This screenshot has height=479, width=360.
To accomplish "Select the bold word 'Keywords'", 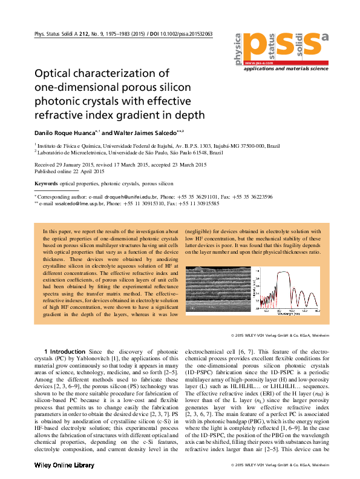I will click(46, 183).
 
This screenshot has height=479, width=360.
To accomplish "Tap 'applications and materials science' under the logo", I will click(286, 70).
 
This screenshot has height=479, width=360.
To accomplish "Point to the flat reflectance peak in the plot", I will click(281, 273).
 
